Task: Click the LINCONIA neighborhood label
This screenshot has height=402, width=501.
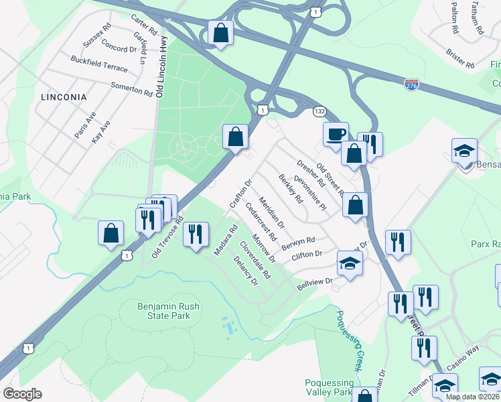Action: (64, 97)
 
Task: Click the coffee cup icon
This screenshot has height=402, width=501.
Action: (336, 133)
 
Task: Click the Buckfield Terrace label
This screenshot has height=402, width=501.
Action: (100, 68)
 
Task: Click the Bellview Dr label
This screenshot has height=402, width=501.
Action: (315, 284)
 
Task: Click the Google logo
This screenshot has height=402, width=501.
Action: (22, 394)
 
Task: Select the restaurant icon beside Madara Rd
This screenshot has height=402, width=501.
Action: (196, 235)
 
